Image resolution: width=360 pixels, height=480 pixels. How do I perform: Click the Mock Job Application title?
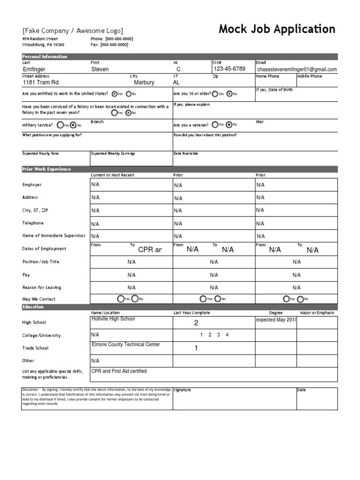277,30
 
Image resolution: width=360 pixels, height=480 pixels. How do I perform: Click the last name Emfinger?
34,69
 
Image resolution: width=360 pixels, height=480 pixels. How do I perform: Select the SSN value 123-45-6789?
229,69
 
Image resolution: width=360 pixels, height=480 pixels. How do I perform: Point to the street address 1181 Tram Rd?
42,82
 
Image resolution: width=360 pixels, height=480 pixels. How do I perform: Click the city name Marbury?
144,82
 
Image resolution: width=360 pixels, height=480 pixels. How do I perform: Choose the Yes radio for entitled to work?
114,94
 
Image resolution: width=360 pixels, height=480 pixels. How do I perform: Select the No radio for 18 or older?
229,94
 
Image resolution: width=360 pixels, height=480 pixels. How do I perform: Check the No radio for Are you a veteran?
228,125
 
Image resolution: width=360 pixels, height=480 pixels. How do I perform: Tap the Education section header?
33,307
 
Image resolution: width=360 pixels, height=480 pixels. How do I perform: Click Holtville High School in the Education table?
113,319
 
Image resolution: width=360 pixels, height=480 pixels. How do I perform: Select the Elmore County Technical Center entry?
126,345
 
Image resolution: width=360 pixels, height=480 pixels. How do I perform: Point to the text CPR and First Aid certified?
119,371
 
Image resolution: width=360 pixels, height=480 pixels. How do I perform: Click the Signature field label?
182,390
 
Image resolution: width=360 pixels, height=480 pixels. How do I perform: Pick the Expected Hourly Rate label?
41,153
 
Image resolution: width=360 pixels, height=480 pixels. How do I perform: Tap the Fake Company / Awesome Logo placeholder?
73,30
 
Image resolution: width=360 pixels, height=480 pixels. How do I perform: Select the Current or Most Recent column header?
112,175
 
